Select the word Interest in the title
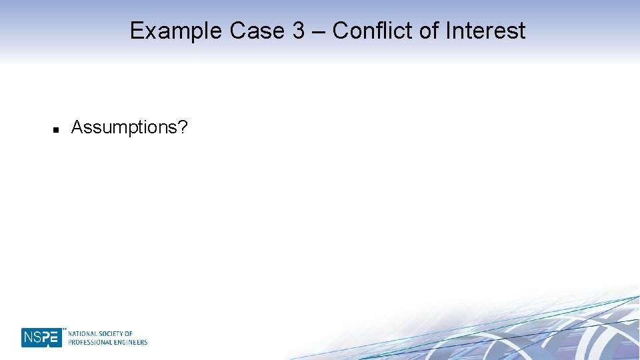485,31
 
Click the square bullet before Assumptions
56,129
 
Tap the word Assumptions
124,127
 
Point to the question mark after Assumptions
183,127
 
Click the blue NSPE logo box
41,337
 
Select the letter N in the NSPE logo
28,338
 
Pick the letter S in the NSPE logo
37,338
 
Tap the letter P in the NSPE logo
46,338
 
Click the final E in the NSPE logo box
55,338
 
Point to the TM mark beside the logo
65,329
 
